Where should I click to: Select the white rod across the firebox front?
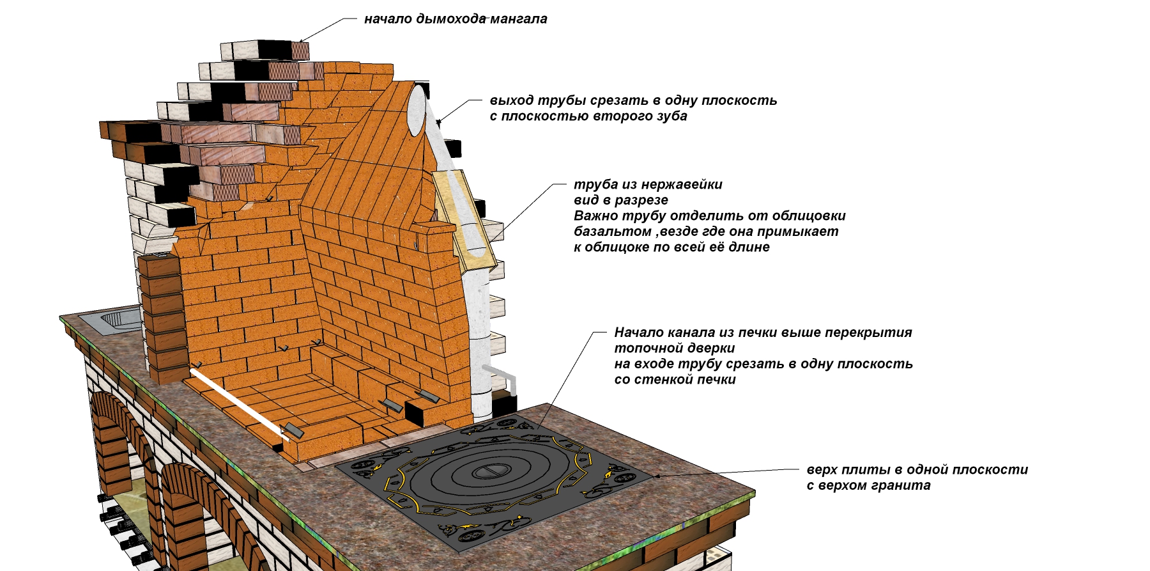(240, 403)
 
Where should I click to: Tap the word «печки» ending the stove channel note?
(716, 380)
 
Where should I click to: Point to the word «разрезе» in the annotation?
(644, 200)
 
